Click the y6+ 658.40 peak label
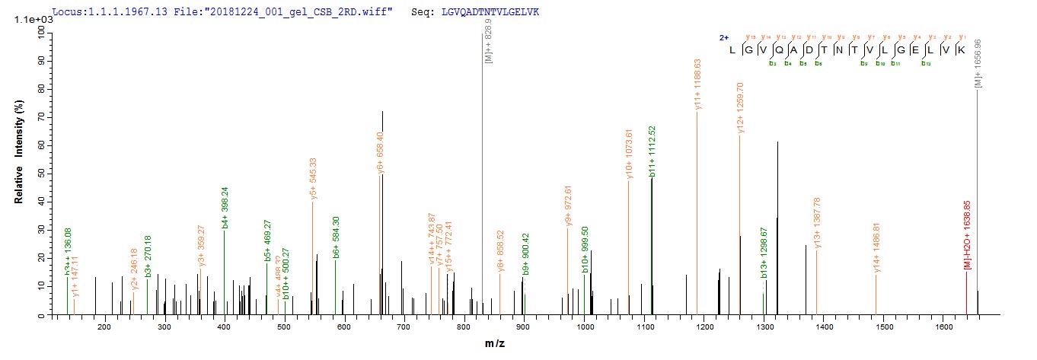[381, 153]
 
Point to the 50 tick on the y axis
[38, 174]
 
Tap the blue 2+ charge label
[724, 37]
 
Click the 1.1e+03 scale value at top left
[31, 19]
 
